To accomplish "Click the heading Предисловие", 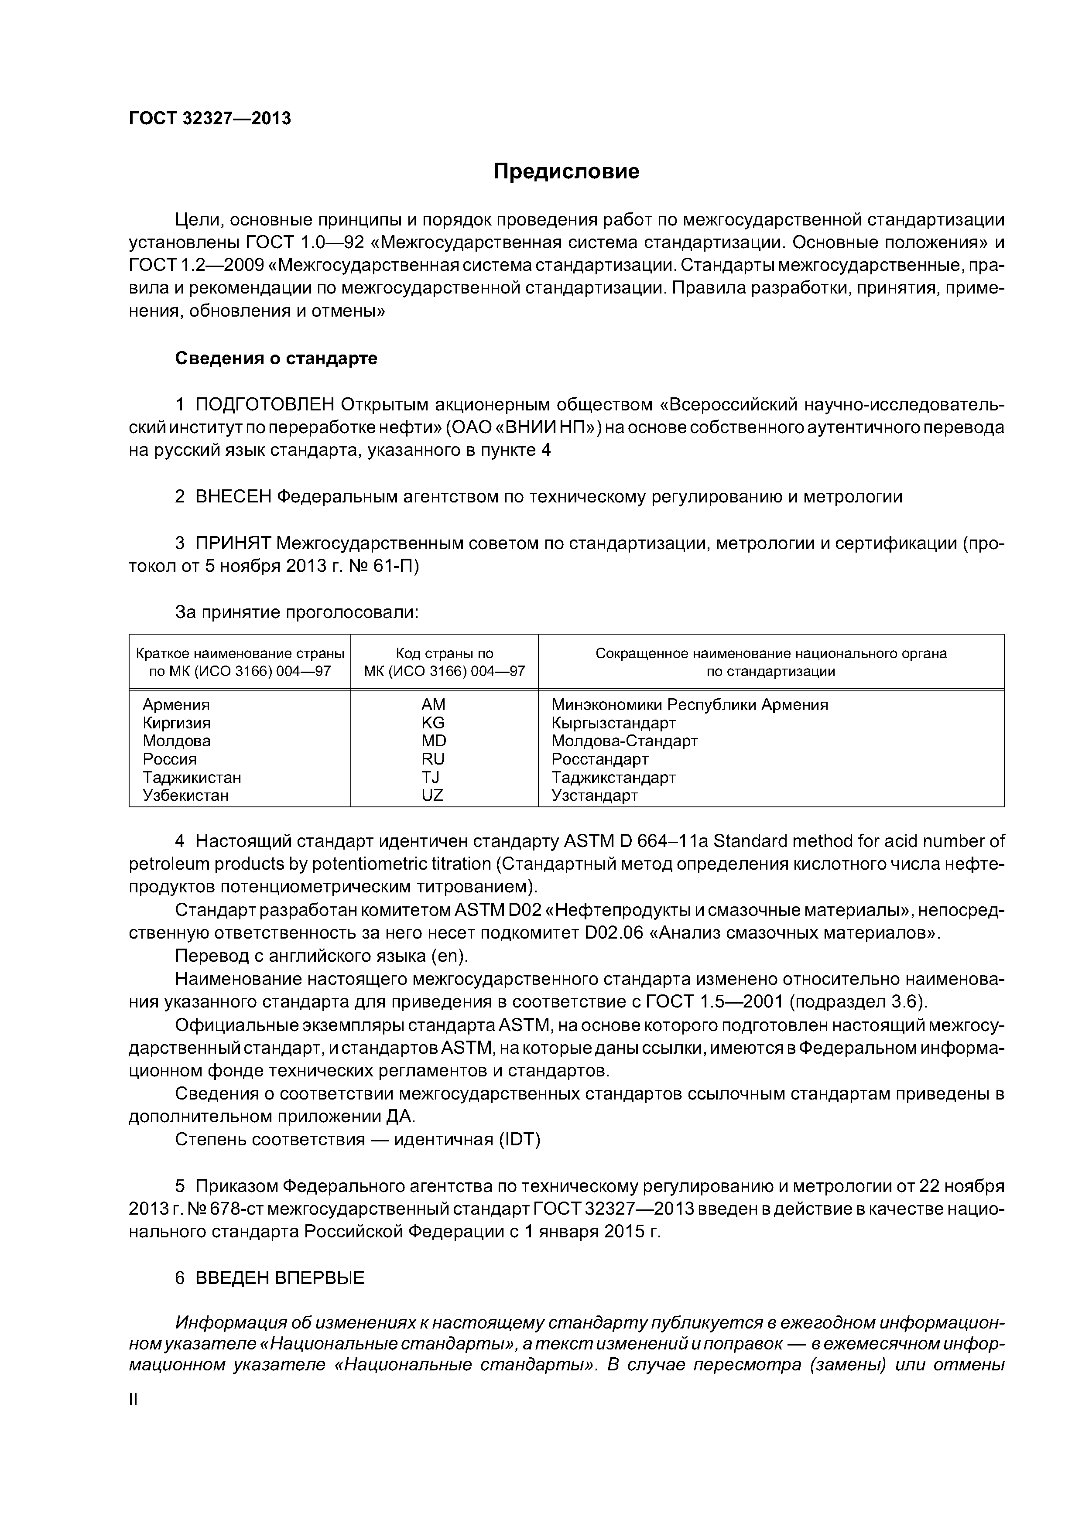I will [566, 172].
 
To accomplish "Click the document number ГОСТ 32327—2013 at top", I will [210, 119].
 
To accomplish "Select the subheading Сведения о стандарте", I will [276, 359].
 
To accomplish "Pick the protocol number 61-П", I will [396, 567].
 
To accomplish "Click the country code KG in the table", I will [433, 723].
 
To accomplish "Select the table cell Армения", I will [176, 705].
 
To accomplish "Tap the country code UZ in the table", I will [433, 795].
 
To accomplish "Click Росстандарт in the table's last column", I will [599, 759].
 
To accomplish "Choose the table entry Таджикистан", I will [192, 777].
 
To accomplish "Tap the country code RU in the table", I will [433, 759].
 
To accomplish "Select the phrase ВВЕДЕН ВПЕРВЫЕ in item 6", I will [280, 1277].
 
